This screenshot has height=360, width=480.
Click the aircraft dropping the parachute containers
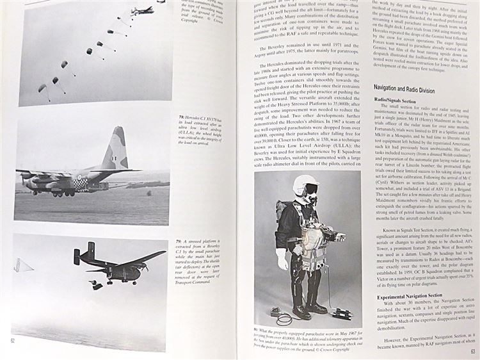pyautogui.click(x=142, y=10)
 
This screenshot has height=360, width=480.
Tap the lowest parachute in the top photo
pyautogui.click(x=43, y=88)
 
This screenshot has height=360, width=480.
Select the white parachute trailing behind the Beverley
pyautogui.click(x=22, y=265)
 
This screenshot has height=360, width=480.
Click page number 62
pyautogui.click(x=12, y=340)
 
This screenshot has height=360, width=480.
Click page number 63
pyautogui.click(x=473, y=352)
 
